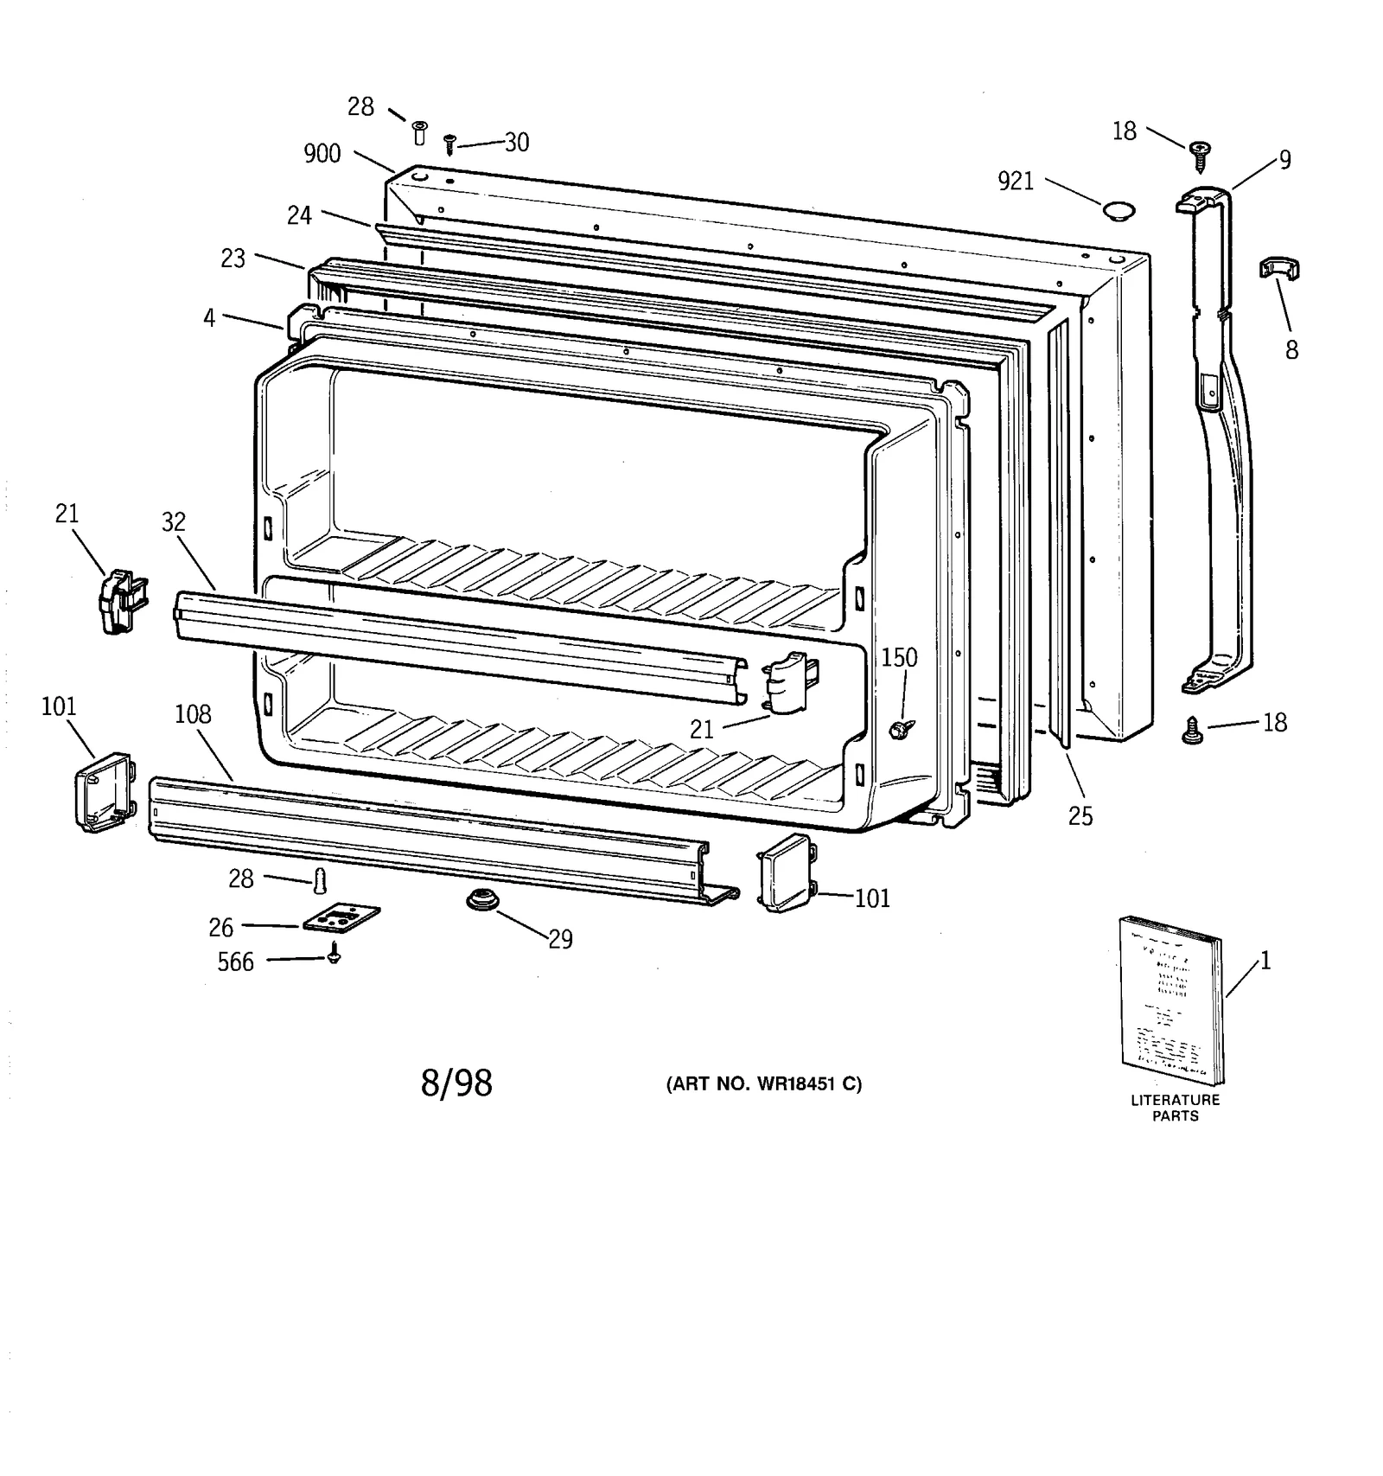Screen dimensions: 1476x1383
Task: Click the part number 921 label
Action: coord(1016,182)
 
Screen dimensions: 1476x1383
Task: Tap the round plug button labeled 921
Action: coord(1119,211)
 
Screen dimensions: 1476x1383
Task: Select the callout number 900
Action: coord(322,154)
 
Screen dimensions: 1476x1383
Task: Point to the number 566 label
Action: coord(235,962)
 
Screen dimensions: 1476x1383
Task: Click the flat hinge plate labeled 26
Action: coord(341,919)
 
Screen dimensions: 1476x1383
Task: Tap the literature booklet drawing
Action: coord(1172,1000)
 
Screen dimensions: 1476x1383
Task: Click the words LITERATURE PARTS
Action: coord(1175,1108)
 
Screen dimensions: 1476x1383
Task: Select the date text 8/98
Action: coord(456,1083)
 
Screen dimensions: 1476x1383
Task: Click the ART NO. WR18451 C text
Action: coord(763,1084)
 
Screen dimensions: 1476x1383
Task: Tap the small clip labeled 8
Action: coord(1279,269)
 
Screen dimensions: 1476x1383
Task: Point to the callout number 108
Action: coord(193,714)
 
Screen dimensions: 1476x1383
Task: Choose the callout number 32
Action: coord(174,521)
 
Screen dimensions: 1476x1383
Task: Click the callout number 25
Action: coord(1080,816)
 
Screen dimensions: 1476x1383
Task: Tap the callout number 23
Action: coord(233,259)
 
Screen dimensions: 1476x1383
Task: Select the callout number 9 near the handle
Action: coord(1285,160)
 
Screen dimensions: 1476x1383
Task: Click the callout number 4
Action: coord(209,317)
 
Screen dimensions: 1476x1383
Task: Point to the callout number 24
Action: coord(299,215)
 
